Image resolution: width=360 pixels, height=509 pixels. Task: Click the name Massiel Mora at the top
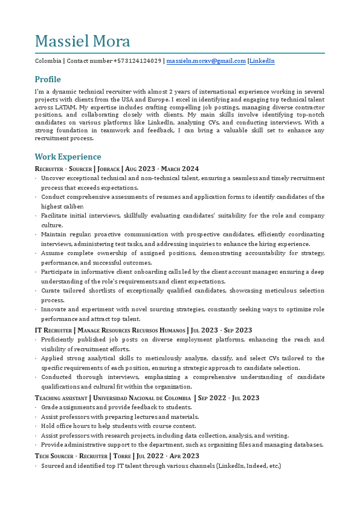83,41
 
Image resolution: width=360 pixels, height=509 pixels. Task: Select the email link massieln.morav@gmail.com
206,61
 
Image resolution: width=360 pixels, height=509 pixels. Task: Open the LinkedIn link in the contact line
262,61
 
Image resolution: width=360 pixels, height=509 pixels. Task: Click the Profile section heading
48,79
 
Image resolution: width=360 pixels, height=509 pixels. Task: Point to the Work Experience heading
68,157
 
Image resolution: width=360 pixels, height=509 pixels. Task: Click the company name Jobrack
108,169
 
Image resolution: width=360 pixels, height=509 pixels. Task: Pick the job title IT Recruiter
53,330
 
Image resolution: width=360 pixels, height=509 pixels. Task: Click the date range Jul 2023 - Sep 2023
222,330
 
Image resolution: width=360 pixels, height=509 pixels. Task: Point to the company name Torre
122,456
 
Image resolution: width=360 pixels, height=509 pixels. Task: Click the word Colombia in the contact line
48,61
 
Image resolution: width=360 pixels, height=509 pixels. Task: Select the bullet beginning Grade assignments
117,407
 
